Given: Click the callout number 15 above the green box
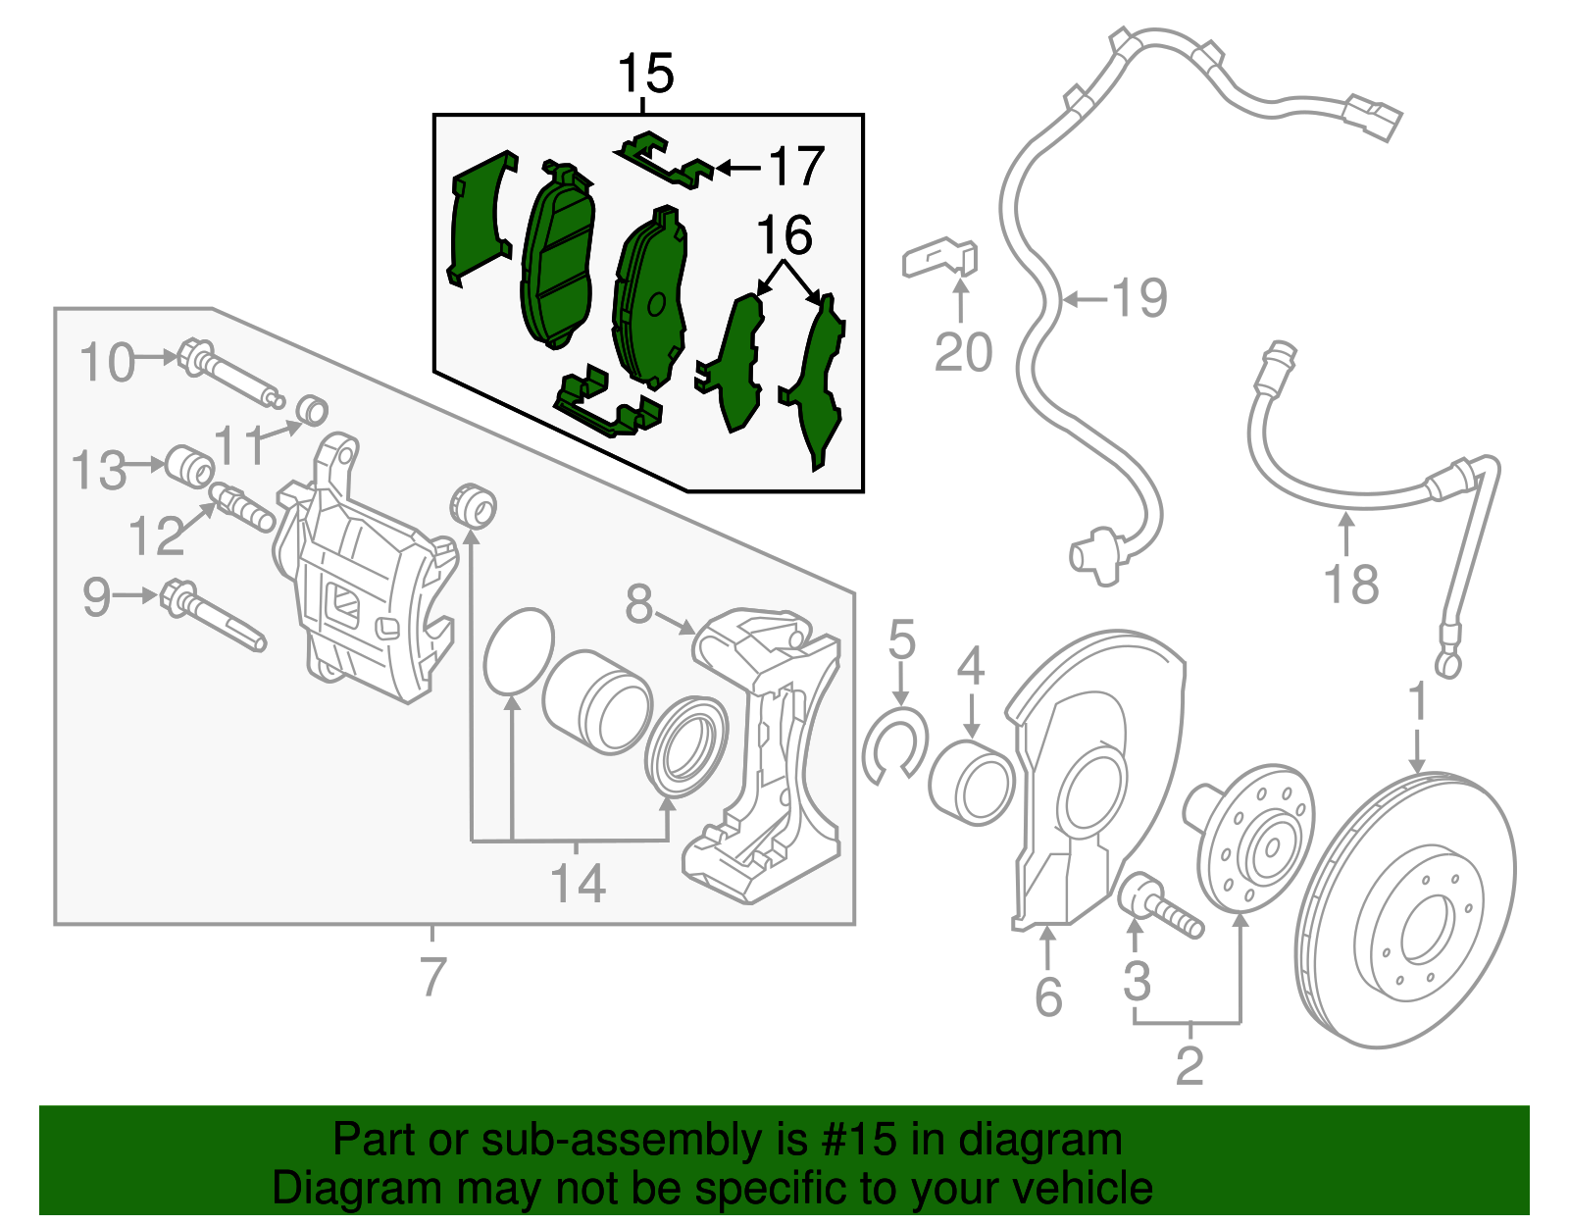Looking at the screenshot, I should pyautogui.click(x=646, y=74).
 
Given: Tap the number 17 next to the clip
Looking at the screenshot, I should pyautogui.click(x=796, y=167).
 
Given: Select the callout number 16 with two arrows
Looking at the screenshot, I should pyautogui.click(x=784, y=236).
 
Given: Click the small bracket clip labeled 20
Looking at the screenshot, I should pyautogui.click(x=939, y=258).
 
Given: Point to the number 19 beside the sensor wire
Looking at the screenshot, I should pyautogui.click(x=1139, y=297).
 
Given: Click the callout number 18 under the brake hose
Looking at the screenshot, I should pyautogui.click(x=1350, y=585).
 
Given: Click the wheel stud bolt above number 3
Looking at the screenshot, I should pyautogui.click(x=1163, y=907).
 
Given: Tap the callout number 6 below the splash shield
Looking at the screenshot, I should pyautogui.click(x=1048, y=997).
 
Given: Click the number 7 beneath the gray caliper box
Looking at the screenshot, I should pyautogui.click(x=432, y=976).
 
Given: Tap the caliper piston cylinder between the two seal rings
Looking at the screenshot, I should pyautogui.click(x=596, y=701).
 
